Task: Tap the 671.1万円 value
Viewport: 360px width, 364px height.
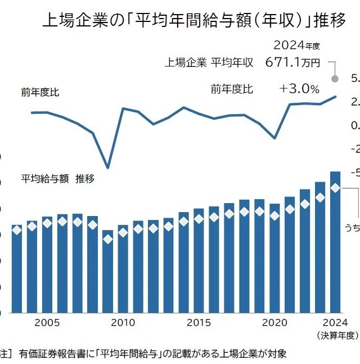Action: [292, 62]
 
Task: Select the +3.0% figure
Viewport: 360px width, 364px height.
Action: [299, 89]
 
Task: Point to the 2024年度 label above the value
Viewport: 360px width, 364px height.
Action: [296, 45]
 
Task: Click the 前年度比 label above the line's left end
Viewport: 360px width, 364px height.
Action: [40, 92]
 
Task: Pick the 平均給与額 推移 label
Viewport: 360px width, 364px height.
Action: [58, 179]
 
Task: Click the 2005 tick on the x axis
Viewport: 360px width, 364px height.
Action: [47, 323]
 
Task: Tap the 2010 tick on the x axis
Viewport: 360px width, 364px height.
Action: [123, 323]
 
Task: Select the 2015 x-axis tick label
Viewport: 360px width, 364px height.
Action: [199, 323]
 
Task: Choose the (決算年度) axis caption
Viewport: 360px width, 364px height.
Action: [337, 335]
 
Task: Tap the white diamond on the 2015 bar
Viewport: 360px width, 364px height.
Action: [199, 219]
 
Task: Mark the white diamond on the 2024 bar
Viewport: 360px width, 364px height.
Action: [335, 188]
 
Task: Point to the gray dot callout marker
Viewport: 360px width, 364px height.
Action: [335, 79]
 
